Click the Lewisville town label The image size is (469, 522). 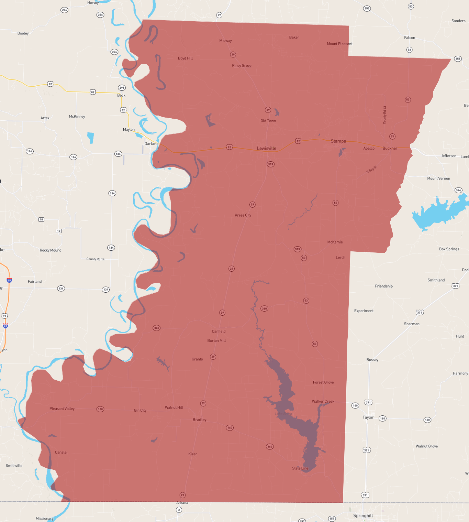[x=266, y=149]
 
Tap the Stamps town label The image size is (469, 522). [x=338, y=141]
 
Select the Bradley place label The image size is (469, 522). [x=199, y=420]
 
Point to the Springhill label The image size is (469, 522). [x=363, y=515]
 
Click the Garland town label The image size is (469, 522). [x=151, y=144]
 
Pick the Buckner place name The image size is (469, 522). [x=390, y=149]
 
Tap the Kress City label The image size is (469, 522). [x=243, y=215]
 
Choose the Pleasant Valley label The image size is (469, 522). [x=62, y=409]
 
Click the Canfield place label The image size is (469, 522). [x=219, y=331]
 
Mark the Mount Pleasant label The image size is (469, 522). [x=339, y=44]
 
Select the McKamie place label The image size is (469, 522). [x=335, y=242]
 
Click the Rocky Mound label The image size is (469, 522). [x=51, y=250]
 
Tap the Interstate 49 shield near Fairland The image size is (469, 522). [x=9, y=280]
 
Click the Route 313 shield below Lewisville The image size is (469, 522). [x=270, y=164]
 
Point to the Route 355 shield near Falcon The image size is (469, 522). [x=458, y=58]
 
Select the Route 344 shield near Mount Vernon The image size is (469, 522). [x=458, y=190]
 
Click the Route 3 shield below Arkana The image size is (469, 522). [x=179, y=510]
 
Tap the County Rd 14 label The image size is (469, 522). [x=96, y=259]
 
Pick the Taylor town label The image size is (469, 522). [x=368, y=417]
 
